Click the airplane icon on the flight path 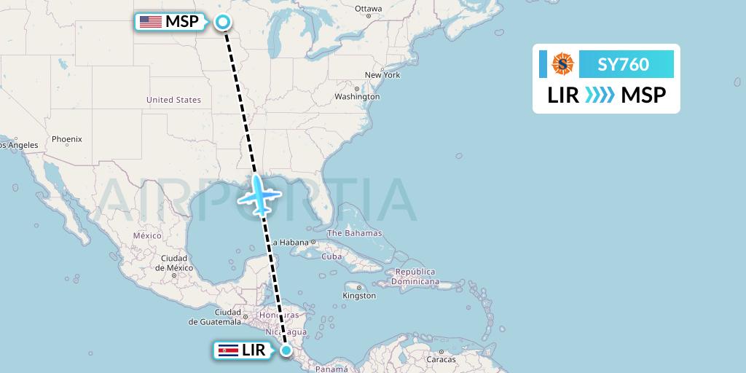point(259,195)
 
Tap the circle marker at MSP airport point(223,22)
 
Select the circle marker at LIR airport point(287,351)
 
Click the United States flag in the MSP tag point(151,22)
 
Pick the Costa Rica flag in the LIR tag point(228,351)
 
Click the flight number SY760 point(623,64)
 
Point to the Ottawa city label point(368,9)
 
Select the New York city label point(382,75)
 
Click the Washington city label point(358,96)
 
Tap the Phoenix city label point(67,138)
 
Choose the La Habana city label point(290,243)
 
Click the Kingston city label point(359,295)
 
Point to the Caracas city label point(441,359)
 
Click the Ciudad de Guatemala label point(214,317)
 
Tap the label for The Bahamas point(355,233)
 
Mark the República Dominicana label point(415,276)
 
